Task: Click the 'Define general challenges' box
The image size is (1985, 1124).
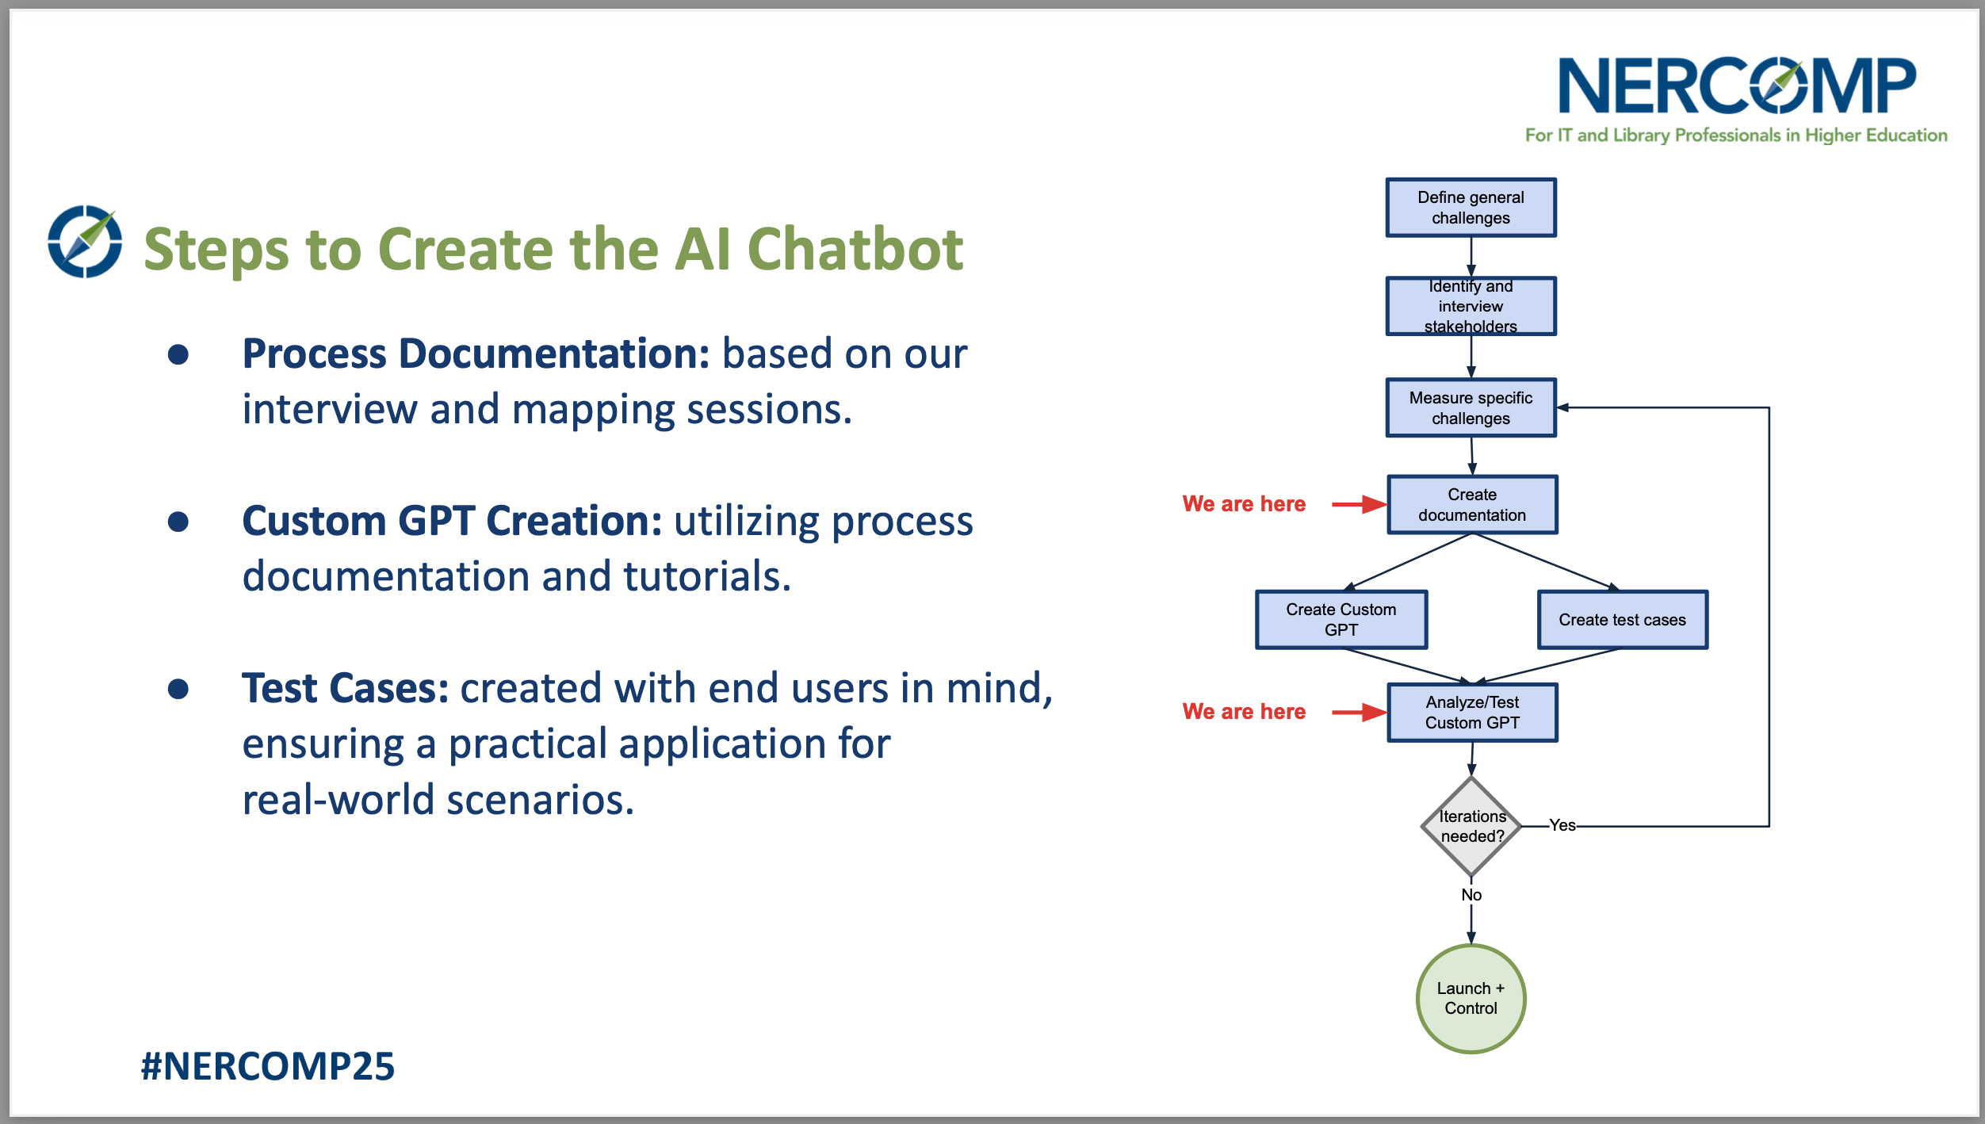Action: point(1471,208)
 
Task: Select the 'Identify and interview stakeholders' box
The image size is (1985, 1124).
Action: point(1471,306)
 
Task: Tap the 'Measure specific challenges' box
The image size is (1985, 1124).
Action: point(1471,407)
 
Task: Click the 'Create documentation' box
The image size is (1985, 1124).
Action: point(1472,505)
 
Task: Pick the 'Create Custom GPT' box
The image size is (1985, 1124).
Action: point(1341,620)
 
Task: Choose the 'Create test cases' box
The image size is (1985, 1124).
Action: point(1622,620)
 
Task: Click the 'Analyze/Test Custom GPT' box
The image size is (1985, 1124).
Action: point(1472,713)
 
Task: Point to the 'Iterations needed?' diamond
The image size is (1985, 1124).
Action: point(1471,827)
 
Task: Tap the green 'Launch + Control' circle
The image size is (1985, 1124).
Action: point(1471,999)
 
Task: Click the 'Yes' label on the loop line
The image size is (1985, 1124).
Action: point(1562,825)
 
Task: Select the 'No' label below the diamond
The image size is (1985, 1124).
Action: point(1471,895)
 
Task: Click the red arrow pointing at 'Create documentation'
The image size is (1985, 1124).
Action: point(1359,504)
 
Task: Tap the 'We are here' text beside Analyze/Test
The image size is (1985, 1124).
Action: point(1244,712)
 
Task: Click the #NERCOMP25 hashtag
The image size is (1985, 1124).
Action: point(268,1066)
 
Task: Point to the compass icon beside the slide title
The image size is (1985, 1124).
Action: point(85,242)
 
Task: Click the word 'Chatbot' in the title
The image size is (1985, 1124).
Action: point(855,250)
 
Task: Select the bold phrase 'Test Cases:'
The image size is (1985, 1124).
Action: point(345,688)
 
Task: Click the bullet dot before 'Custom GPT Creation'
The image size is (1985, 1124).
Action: point(178,522)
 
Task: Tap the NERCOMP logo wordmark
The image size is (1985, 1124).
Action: point(1736,86)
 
